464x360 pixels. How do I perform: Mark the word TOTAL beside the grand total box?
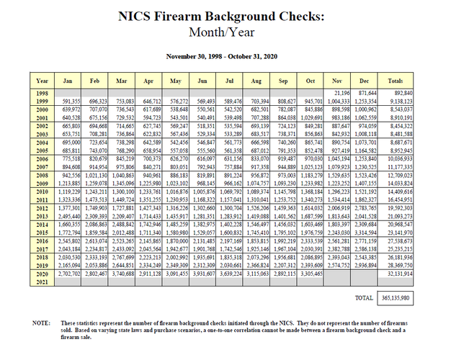364,297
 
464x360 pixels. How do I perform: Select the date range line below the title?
232,55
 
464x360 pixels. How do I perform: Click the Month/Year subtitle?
232,32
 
